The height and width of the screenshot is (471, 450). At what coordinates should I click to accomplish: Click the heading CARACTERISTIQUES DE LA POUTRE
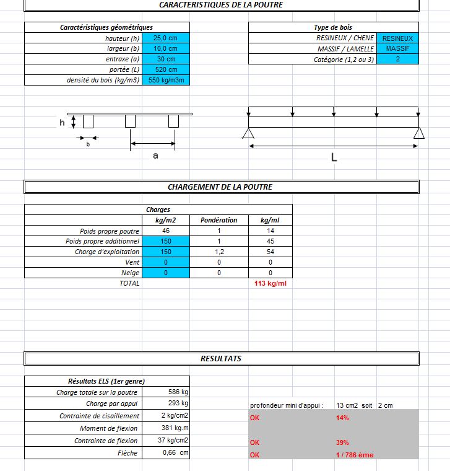coord(221,4)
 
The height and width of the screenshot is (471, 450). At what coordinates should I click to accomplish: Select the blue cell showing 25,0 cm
coord(165,38)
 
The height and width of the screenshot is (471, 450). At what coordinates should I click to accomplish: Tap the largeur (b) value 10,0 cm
coord(165,48)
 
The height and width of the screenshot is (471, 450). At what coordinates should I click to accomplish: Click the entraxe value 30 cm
coord(166,59)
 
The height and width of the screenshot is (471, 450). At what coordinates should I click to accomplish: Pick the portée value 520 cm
coord(166,69)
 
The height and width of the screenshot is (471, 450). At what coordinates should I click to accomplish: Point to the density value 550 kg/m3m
coord(166,80)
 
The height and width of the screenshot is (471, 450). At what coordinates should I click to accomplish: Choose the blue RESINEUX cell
coord(397,38)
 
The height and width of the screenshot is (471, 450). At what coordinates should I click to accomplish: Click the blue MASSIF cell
coord(397,48)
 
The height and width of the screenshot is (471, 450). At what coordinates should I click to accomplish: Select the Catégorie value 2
coord(397,59)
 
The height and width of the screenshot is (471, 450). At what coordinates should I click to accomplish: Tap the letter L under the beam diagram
coord(334,157)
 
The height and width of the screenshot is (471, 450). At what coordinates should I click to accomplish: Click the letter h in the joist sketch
coord(62,123)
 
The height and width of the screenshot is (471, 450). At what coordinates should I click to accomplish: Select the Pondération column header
coord(219,220)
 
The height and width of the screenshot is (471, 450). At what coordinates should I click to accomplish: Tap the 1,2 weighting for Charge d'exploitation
coord(219,252)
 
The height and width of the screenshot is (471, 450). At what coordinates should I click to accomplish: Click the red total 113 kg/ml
coord(270,283)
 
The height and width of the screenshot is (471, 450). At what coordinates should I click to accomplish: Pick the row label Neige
coord(130,273)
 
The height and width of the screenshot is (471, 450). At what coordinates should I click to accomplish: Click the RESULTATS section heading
coord(221,359)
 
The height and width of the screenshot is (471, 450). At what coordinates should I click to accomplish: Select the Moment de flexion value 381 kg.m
coord(173,428)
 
